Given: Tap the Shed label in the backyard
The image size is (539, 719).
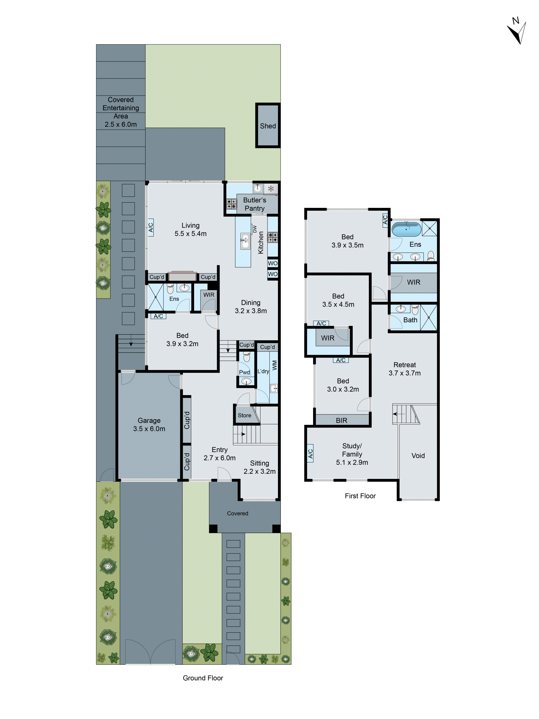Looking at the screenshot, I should [x=268, y=126].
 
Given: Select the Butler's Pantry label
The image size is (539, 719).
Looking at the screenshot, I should [x=254, y=204].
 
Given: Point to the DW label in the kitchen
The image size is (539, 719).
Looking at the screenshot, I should [x=255, y=229].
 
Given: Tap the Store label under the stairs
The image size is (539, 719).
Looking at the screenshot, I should [x=244, y=415].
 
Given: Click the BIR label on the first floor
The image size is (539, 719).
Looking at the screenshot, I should [x=342, y=420].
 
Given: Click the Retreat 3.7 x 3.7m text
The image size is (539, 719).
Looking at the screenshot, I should [x=404, y=369].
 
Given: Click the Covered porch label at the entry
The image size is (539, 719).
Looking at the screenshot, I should [x=238, y=513].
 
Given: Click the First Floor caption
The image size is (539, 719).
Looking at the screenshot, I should [x=360, y=496].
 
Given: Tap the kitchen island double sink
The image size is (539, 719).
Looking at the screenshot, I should [x=245, y=241].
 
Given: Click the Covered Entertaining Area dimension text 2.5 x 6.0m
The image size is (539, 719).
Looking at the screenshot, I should [x=121, y=124].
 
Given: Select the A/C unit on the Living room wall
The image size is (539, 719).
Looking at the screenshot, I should [x=150, y=227].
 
